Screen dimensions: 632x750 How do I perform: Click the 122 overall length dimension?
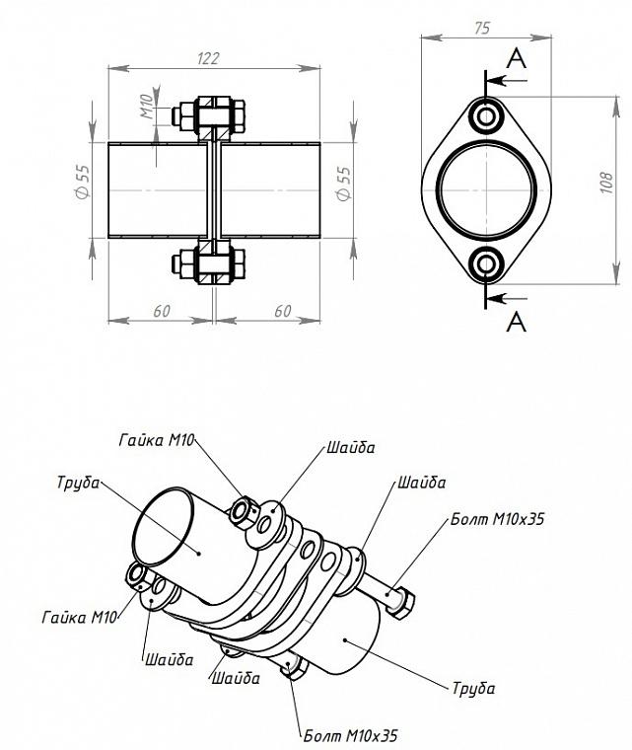209,58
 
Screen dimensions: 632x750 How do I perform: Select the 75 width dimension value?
482,29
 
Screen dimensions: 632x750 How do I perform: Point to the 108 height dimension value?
605,183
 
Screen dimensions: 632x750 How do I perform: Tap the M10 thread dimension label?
147,107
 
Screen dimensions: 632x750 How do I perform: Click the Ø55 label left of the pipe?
82,182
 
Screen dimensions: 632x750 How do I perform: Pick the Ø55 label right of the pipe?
344,184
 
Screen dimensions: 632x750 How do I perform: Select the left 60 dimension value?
162,311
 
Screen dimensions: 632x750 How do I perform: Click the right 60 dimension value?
283,311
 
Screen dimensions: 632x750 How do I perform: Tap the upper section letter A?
517,60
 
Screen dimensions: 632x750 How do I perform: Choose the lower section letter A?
517,322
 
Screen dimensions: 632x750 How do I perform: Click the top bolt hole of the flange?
486,116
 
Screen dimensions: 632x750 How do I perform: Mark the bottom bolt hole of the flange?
486,264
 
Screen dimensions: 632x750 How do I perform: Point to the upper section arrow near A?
506,80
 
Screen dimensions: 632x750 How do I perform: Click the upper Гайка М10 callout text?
157,440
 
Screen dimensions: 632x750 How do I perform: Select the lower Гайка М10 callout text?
79,618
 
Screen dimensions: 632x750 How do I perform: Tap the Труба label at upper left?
78,483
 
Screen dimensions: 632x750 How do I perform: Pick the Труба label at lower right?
473,688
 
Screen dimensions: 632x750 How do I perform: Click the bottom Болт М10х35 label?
350,735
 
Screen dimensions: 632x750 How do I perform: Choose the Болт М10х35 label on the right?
497,519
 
